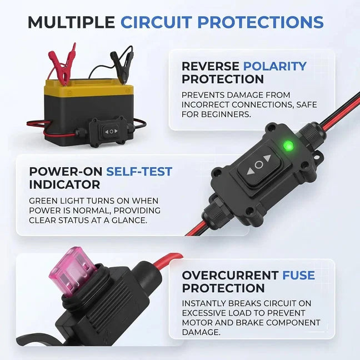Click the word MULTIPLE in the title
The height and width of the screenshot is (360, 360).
(x=72, y=22)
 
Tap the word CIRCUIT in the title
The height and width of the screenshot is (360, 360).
(x=156, y=22)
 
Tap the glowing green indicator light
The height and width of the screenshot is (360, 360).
(x=288, y=146)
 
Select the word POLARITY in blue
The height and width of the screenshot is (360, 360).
(x=275, y=66)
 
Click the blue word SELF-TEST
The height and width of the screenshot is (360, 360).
(x=139, y=172)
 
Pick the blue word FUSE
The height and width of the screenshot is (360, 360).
(x=298, y=276)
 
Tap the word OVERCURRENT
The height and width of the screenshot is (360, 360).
(x=231, y=276)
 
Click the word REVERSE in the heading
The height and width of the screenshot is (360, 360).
(x=211, y=66)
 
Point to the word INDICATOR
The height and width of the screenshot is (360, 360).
(x=65, y=184)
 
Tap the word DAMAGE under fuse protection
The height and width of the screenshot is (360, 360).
(x=201, y=332)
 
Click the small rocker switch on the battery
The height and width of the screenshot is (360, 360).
(x=111, y=132)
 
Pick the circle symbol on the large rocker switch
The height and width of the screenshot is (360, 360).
(x=259, y=164)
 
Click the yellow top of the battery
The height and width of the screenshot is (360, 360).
(x=89, y=88)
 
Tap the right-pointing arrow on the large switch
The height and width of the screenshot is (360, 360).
(x=267, y=158)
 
